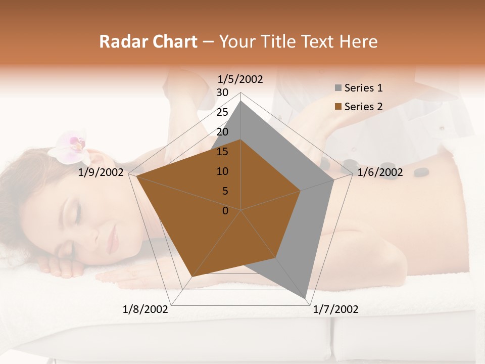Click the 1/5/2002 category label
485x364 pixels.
[x=240, y=79]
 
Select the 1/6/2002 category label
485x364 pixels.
[x=380, y=173]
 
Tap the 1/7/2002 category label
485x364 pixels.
[x=335, y=309]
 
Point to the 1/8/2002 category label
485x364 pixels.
[x=145, y=309]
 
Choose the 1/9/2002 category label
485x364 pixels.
[x=101, y=173]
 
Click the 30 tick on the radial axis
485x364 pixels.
[x=222, y=93]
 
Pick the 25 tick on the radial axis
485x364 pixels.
[x=222, y=112]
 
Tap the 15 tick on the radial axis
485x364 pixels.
[x=222, y=152]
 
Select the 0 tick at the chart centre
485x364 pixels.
[x=225, y=211]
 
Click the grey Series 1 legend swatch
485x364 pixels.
[x=338, y=88]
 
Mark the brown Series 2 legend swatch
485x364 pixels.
[x=338, y=107]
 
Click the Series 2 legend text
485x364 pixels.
[x=363, y=107]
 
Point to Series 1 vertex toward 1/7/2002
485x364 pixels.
[x=306, y=298]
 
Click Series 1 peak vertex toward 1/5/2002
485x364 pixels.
[x=241, y=101]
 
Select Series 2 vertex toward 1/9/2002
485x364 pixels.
[x=136, y=177]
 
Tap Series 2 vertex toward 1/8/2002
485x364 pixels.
[x=192, y=277]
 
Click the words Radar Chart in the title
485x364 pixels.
[x=148, y=41]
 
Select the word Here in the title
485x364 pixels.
[x=358, y=41]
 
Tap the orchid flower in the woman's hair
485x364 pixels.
[x=71, y=147]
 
